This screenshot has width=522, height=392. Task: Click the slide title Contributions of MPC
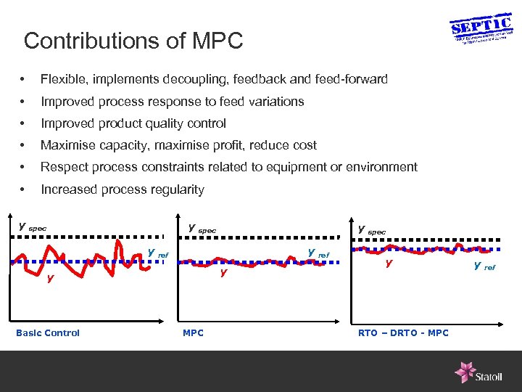coord(133,41)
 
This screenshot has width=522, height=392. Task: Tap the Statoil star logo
coord(465,372)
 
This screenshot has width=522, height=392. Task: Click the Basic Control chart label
coord(48,333)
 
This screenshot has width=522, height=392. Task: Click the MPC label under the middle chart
coord(193,333)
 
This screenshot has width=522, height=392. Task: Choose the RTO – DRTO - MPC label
coord(403,333)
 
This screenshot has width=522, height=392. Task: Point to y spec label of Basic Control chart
coord(32,226)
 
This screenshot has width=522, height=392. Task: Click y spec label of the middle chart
coord(202,229)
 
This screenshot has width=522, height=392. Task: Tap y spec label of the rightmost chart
coord(372,230)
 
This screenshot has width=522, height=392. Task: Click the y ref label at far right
coord(484,266)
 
